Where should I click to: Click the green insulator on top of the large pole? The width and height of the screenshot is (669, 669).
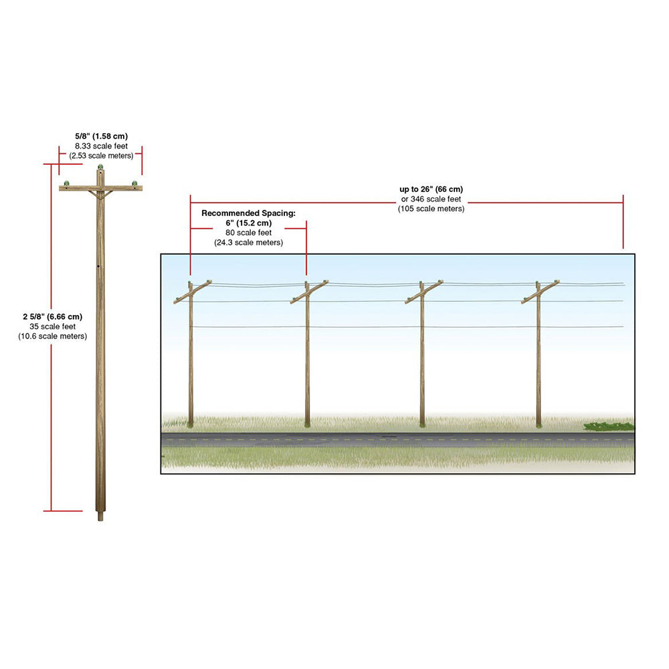[100, 167]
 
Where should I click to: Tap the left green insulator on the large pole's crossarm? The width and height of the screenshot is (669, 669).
[66, 183]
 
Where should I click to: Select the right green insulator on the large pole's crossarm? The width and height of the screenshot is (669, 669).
[135, 183]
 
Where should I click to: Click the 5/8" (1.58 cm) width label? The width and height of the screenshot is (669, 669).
[101, 136]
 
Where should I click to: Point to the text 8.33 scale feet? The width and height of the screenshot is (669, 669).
[101, 146]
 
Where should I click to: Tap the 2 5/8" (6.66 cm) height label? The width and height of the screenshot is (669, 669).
[52, 316]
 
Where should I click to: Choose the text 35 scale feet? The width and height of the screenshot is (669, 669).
[52, 326]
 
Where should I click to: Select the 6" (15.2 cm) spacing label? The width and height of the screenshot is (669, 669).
[248, 223]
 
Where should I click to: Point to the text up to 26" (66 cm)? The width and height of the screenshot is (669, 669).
[431, 189]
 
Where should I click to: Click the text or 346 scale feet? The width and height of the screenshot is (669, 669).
[431, 199]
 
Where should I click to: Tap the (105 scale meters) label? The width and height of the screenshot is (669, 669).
[431, 209]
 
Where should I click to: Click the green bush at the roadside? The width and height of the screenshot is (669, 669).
[608, 425]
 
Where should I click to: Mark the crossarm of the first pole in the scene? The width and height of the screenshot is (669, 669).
[193, 292]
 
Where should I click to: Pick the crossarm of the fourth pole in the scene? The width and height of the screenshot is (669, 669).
[540, 292]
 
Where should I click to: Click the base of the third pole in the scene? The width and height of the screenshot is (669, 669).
[422, 425]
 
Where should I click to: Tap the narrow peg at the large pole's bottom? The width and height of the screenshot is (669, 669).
[100, 516]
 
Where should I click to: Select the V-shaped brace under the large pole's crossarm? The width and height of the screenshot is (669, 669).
[101, 195]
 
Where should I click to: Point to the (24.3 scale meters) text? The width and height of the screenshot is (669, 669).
[248, 242]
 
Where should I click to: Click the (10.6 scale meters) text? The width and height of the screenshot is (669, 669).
[52, 337]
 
